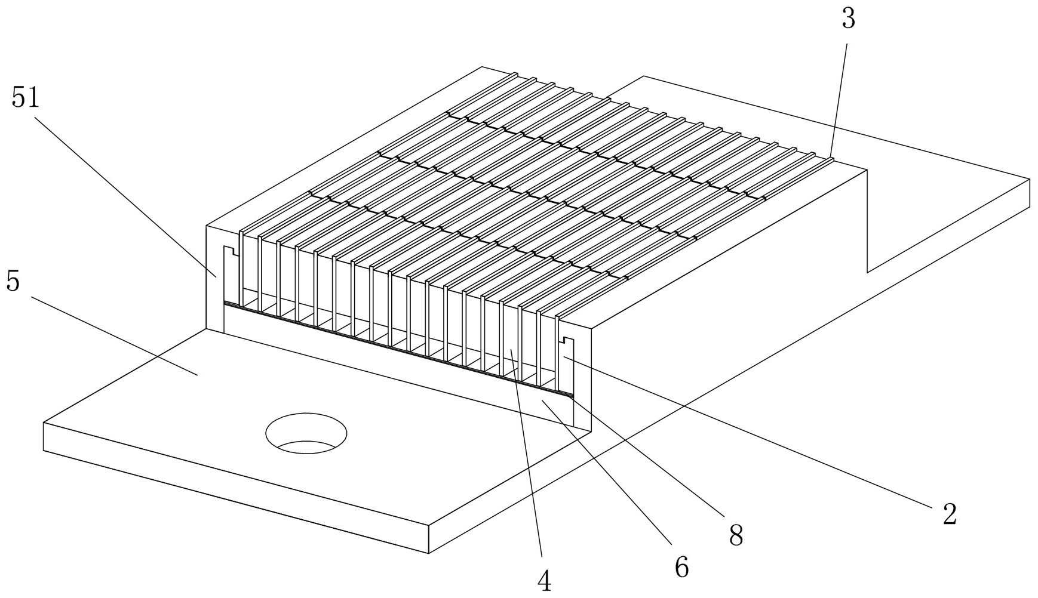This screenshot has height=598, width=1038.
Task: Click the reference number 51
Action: [26, 97]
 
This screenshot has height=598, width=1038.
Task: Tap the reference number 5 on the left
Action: [13, 282]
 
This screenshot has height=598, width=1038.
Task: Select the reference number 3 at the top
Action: [848, 19]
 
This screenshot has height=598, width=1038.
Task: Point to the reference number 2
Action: [949, 514]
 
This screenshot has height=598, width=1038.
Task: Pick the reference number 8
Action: [736, 536]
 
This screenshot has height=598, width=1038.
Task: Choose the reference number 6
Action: [681, 567]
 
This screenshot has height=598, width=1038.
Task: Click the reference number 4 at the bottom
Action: [544, 581]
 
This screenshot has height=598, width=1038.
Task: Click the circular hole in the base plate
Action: [306, 431]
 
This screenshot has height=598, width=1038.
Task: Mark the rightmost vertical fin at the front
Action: [557, 352]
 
